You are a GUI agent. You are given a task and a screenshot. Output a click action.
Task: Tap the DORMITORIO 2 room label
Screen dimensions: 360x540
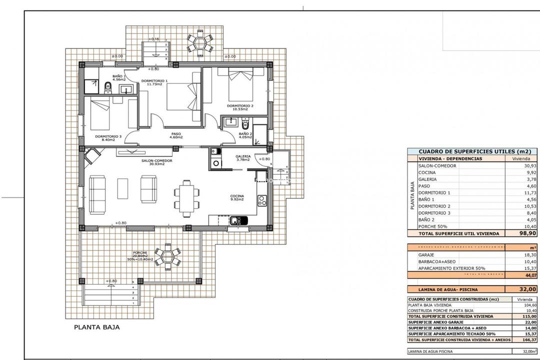pos(240,106)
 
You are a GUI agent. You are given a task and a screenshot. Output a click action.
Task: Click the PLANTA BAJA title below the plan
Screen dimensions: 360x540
pos(97,328)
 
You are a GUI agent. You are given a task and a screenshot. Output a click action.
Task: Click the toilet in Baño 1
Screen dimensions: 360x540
pos(107,88)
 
